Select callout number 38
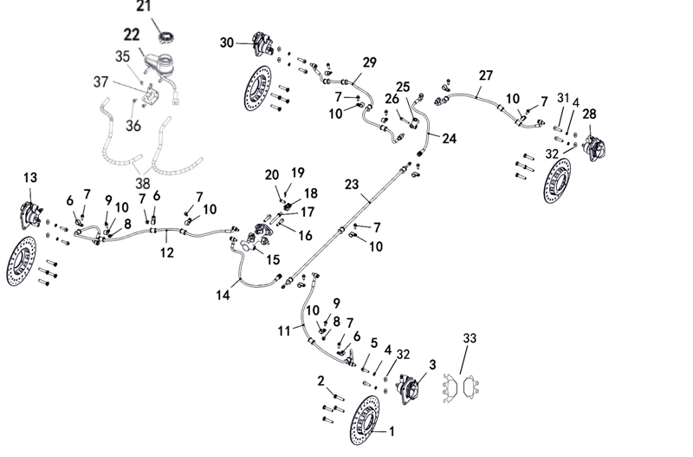click(x=142, y=184)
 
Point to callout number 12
click(x=167, y=252)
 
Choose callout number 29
click(x=370, y=62)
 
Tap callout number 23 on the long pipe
click(x=352, y=184)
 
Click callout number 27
click(x=485, y=75)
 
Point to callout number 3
click(x=432, y=365)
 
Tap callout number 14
click(x=223, y=295)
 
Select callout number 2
click(x=320, y=380)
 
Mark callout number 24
click(x=449, y=138)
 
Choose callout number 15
click(x=273, y=258)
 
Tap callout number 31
click(x=563, y=98)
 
